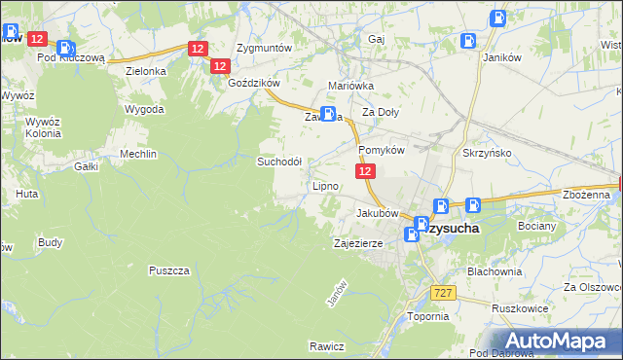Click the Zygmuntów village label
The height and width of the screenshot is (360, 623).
coord(265,48)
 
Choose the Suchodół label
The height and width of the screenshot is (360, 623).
coord(279,162)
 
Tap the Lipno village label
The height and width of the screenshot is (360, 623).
coord(324,186)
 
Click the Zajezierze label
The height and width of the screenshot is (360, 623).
coord(359,243)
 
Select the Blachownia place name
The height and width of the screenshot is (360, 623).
coord(495,271)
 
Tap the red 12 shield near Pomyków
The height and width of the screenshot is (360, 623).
coord(364,171)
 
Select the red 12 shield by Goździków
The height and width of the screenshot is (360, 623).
coord(219,66)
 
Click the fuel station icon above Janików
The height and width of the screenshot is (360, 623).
coord(497,17)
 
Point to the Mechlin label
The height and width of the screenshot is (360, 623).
coord(137,155)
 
